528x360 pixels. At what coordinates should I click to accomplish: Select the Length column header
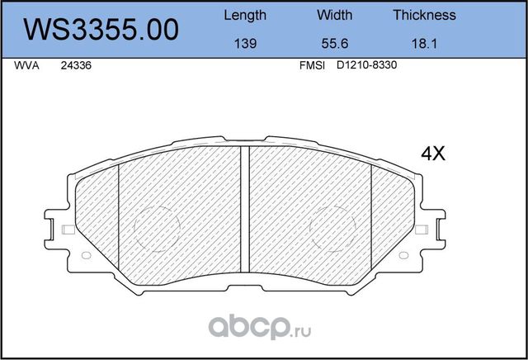click(245, 15)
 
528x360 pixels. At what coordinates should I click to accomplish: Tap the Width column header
click(334, 15)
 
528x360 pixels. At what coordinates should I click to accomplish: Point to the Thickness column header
click(424, 15)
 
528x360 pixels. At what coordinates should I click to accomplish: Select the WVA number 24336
click(76, 69)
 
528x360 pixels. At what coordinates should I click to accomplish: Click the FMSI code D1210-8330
click(367, 69)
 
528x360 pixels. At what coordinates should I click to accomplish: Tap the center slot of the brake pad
click(245, 206)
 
